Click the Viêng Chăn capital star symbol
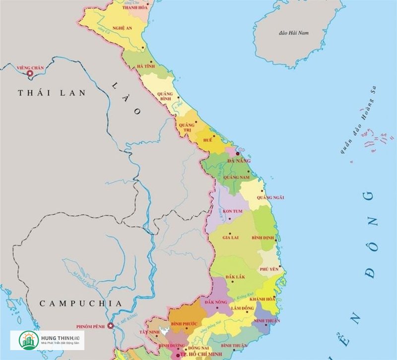pos(30,74)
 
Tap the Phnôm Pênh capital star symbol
pos(110,326)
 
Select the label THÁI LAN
pos(52,93)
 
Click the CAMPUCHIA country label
pos(80,303)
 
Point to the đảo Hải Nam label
pos(294,33)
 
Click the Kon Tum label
pos(232,212)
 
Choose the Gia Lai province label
pos(231,238)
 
